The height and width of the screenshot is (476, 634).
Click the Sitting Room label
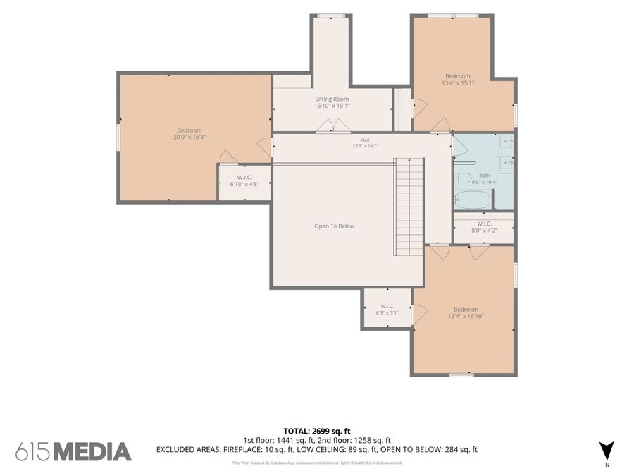tap(332, 99)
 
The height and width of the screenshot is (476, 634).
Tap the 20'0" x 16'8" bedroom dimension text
tap(189, 137)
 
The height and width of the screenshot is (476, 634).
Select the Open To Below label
tap(335, 226)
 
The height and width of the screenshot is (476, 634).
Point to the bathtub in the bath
tap(472, 200)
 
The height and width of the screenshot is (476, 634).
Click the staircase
tap(409, 207)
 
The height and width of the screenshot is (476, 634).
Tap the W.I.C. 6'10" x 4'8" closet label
tap(244, 181)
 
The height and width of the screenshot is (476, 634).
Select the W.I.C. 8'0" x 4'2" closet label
tap(485, 227)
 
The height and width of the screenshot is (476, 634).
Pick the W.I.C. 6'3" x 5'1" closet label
tap(387, 310)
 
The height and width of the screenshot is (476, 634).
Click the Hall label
tap(365, 140)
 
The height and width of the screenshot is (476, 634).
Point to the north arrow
tap(607, 451)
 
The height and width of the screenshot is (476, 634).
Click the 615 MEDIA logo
tap(73, 452)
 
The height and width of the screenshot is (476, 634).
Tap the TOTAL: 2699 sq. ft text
tap(317, 431)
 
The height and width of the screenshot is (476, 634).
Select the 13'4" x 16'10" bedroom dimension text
tap(466, 316)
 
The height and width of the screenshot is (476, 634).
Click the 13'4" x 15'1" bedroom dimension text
tap(458, 83)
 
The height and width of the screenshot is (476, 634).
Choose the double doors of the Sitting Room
tap(333, 126)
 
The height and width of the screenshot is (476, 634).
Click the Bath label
tap(485, 176)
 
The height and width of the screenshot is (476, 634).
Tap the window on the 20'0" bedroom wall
tap(118, 138)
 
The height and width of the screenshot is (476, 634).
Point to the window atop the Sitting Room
tap(331, 16)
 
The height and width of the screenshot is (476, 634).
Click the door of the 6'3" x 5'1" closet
tap(419, 314)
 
